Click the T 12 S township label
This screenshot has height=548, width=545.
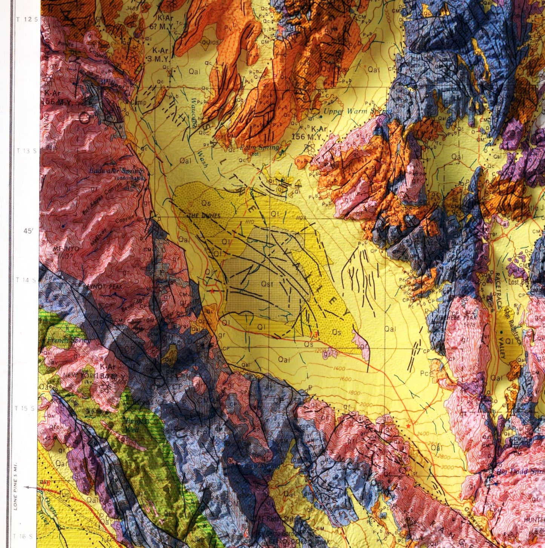(28, 19)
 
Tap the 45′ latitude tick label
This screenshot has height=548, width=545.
(28, 231)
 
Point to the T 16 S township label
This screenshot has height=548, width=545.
(25, 536)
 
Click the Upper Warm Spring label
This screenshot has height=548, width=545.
(352, 111)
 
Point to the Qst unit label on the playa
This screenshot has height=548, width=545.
(267, 283)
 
